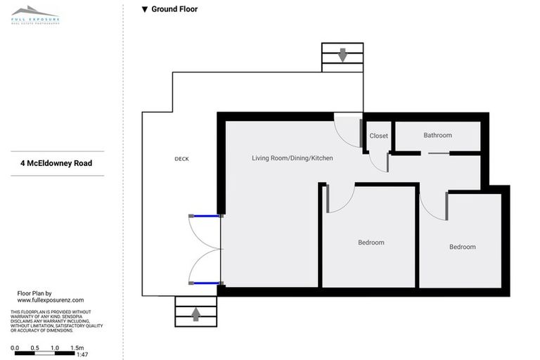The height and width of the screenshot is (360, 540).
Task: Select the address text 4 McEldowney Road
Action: pyautogui.click(x=56, y=163)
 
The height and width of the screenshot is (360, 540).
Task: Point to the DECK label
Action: pyautogui.click(x=181, y=159)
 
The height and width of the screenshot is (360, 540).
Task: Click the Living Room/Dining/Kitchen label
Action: pyautogui.click(x=292, y=158)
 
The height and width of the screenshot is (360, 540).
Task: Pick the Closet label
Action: pyautogui.click(x=378, y=136)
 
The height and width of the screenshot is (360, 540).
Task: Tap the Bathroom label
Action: pyautogui.click(x=437, y=135)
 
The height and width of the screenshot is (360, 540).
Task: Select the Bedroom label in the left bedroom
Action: pyautogui.click(x=371, y=243)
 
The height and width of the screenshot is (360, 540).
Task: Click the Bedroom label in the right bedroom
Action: pyautogui.click(x=462, y=247)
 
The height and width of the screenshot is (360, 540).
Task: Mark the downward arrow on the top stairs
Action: pyautogui.click(x=342, y=56)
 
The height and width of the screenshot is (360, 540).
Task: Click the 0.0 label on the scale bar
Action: pyautogui.click(x=15, y=347)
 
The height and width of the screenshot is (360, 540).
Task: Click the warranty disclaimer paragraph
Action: pyautogui.click(x=56, y=321)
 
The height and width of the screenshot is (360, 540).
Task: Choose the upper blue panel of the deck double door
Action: pyautogui.click(x=205, y=216)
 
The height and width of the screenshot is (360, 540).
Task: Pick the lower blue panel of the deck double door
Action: pyautogui.click(x=205, y=283)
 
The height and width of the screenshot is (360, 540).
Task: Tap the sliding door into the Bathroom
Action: pyautogui.click(x=436, y=153)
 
